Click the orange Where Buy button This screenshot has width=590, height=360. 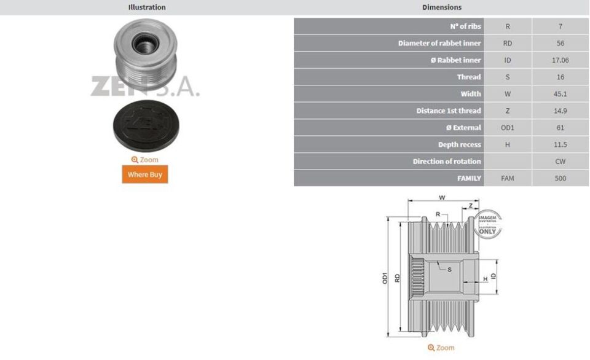[144, 174]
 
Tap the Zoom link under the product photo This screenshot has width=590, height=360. [144, 160]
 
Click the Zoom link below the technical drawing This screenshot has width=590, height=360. [441, 348]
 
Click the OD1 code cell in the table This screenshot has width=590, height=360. [508, 128]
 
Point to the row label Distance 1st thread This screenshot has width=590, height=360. [449, 111]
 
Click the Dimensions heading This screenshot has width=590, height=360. [441, 7]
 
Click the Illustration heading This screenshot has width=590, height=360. [146, 7]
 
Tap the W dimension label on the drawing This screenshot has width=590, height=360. [442, 198]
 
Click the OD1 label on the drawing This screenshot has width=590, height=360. [385, 278]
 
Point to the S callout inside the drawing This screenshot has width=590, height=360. [449, 269]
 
